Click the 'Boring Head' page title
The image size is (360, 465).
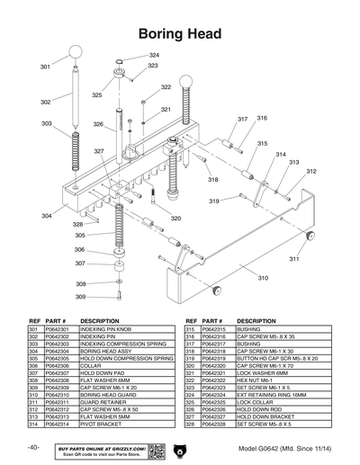pos(180,33)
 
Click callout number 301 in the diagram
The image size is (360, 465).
pos(45,67)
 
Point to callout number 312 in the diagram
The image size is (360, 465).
pos(310,171)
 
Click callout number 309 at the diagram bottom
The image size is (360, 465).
pos(80,296)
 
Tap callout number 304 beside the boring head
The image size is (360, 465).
pos(45,216)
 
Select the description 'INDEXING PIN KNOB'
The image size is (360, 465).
pos(103,330)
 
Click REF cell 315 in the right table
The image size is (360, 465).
pos(190,330)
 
